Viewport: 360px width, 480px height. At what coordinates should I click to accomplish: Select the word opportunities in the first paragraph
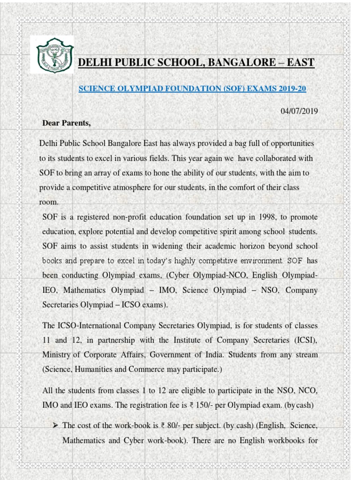pyautogui.click(x=287, y=142)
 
